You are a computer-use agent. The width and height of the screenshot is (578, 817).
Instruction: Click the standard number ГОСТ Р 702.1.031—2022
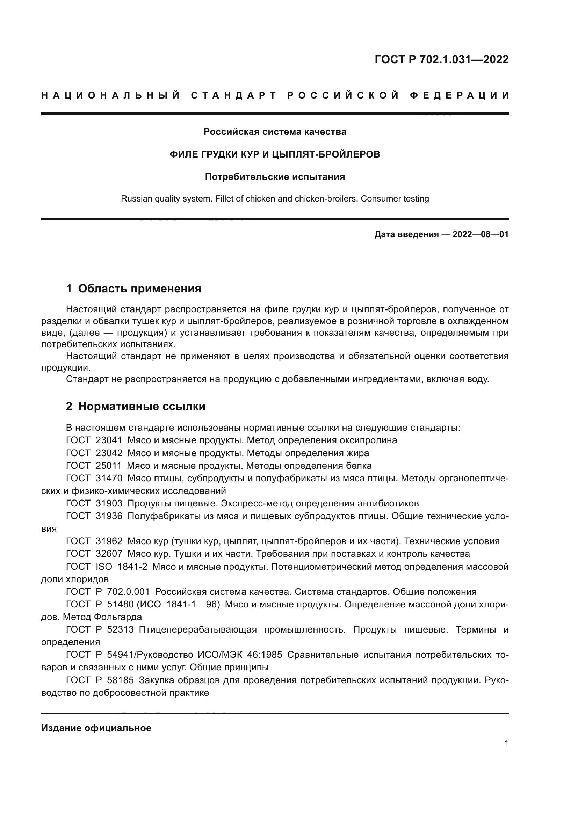[x=441, y=59]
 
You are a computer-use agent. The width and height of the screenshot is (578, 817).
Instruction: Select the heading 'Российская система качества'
[x=275, y=132]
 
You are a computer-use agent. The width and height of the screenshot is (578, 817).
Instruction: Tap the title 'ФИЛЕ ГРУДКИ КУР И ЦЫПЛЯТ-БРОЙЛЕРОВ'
[x=275, y=154]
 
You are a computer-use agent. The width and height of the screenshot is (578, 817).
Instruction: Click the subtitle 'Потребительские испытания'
[x=275, y=177]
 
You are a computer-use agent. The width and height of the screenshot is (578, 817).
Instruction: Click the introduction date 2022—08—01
[x=480, y=234]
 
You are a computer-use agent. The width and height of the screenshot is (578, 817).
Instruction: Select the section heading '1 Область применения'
[x=134, y=289]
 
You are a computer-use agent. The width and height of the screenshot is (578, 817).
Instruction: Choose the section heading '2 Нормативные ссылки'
[x=136, y=406]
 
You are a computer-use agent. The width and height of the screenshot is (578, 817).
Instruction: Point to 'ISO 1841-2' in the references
[x=121, y=567]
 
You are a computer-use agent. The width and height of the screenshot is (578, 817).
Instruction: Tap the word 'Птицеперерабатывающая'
[x=198, y=630]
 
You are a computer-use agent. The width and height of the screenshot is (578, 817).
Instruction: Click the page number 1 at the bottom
[x=506, y=743]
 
